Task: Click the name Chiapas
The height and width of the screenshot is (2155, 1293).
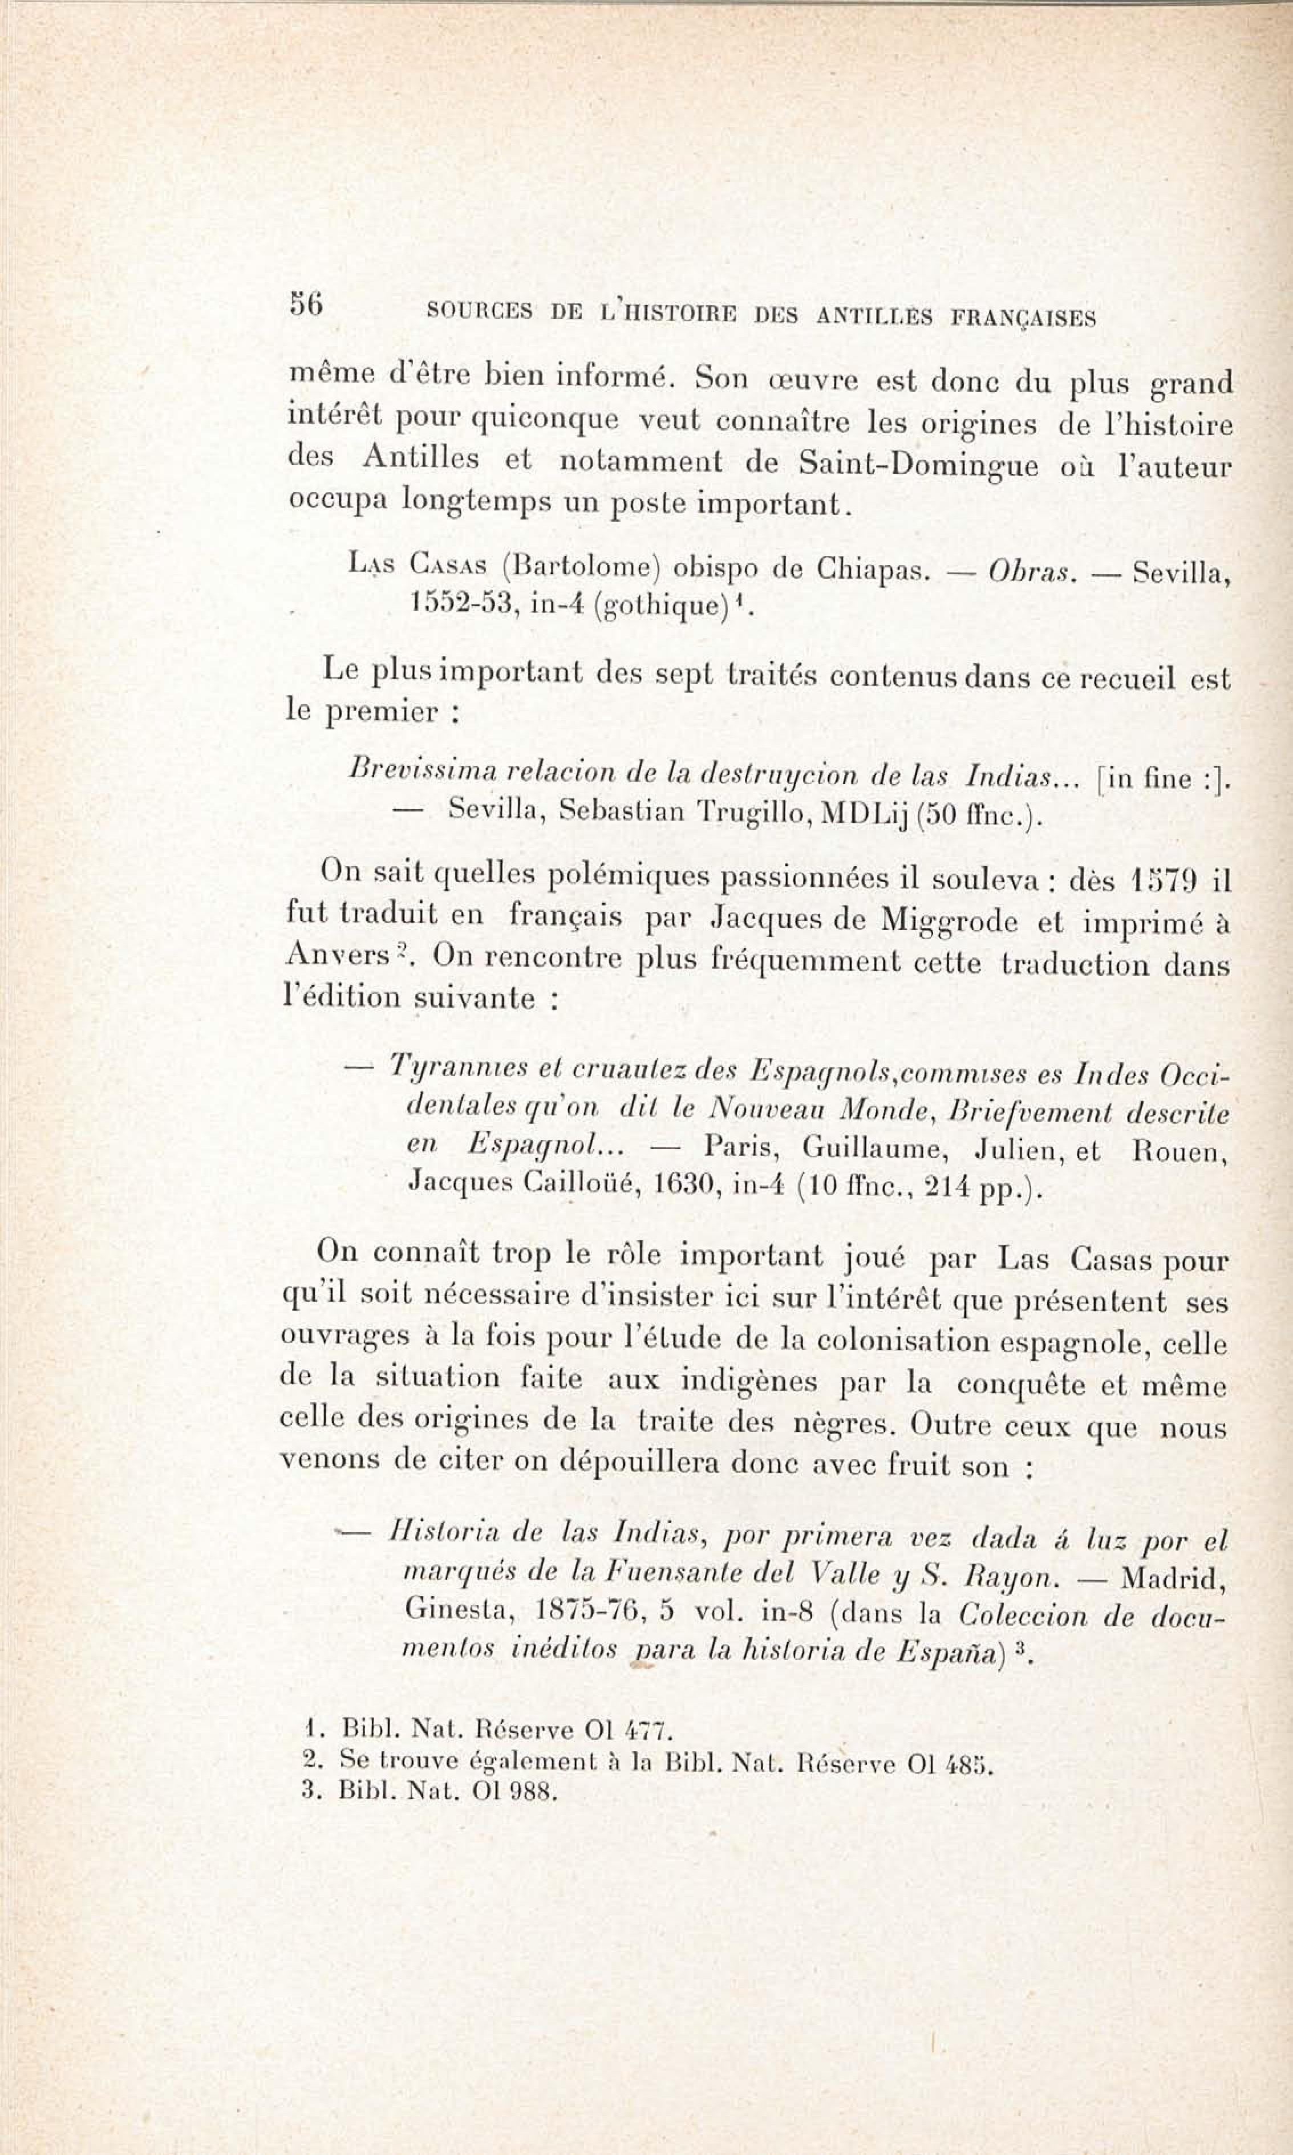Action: pos(873,571)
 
